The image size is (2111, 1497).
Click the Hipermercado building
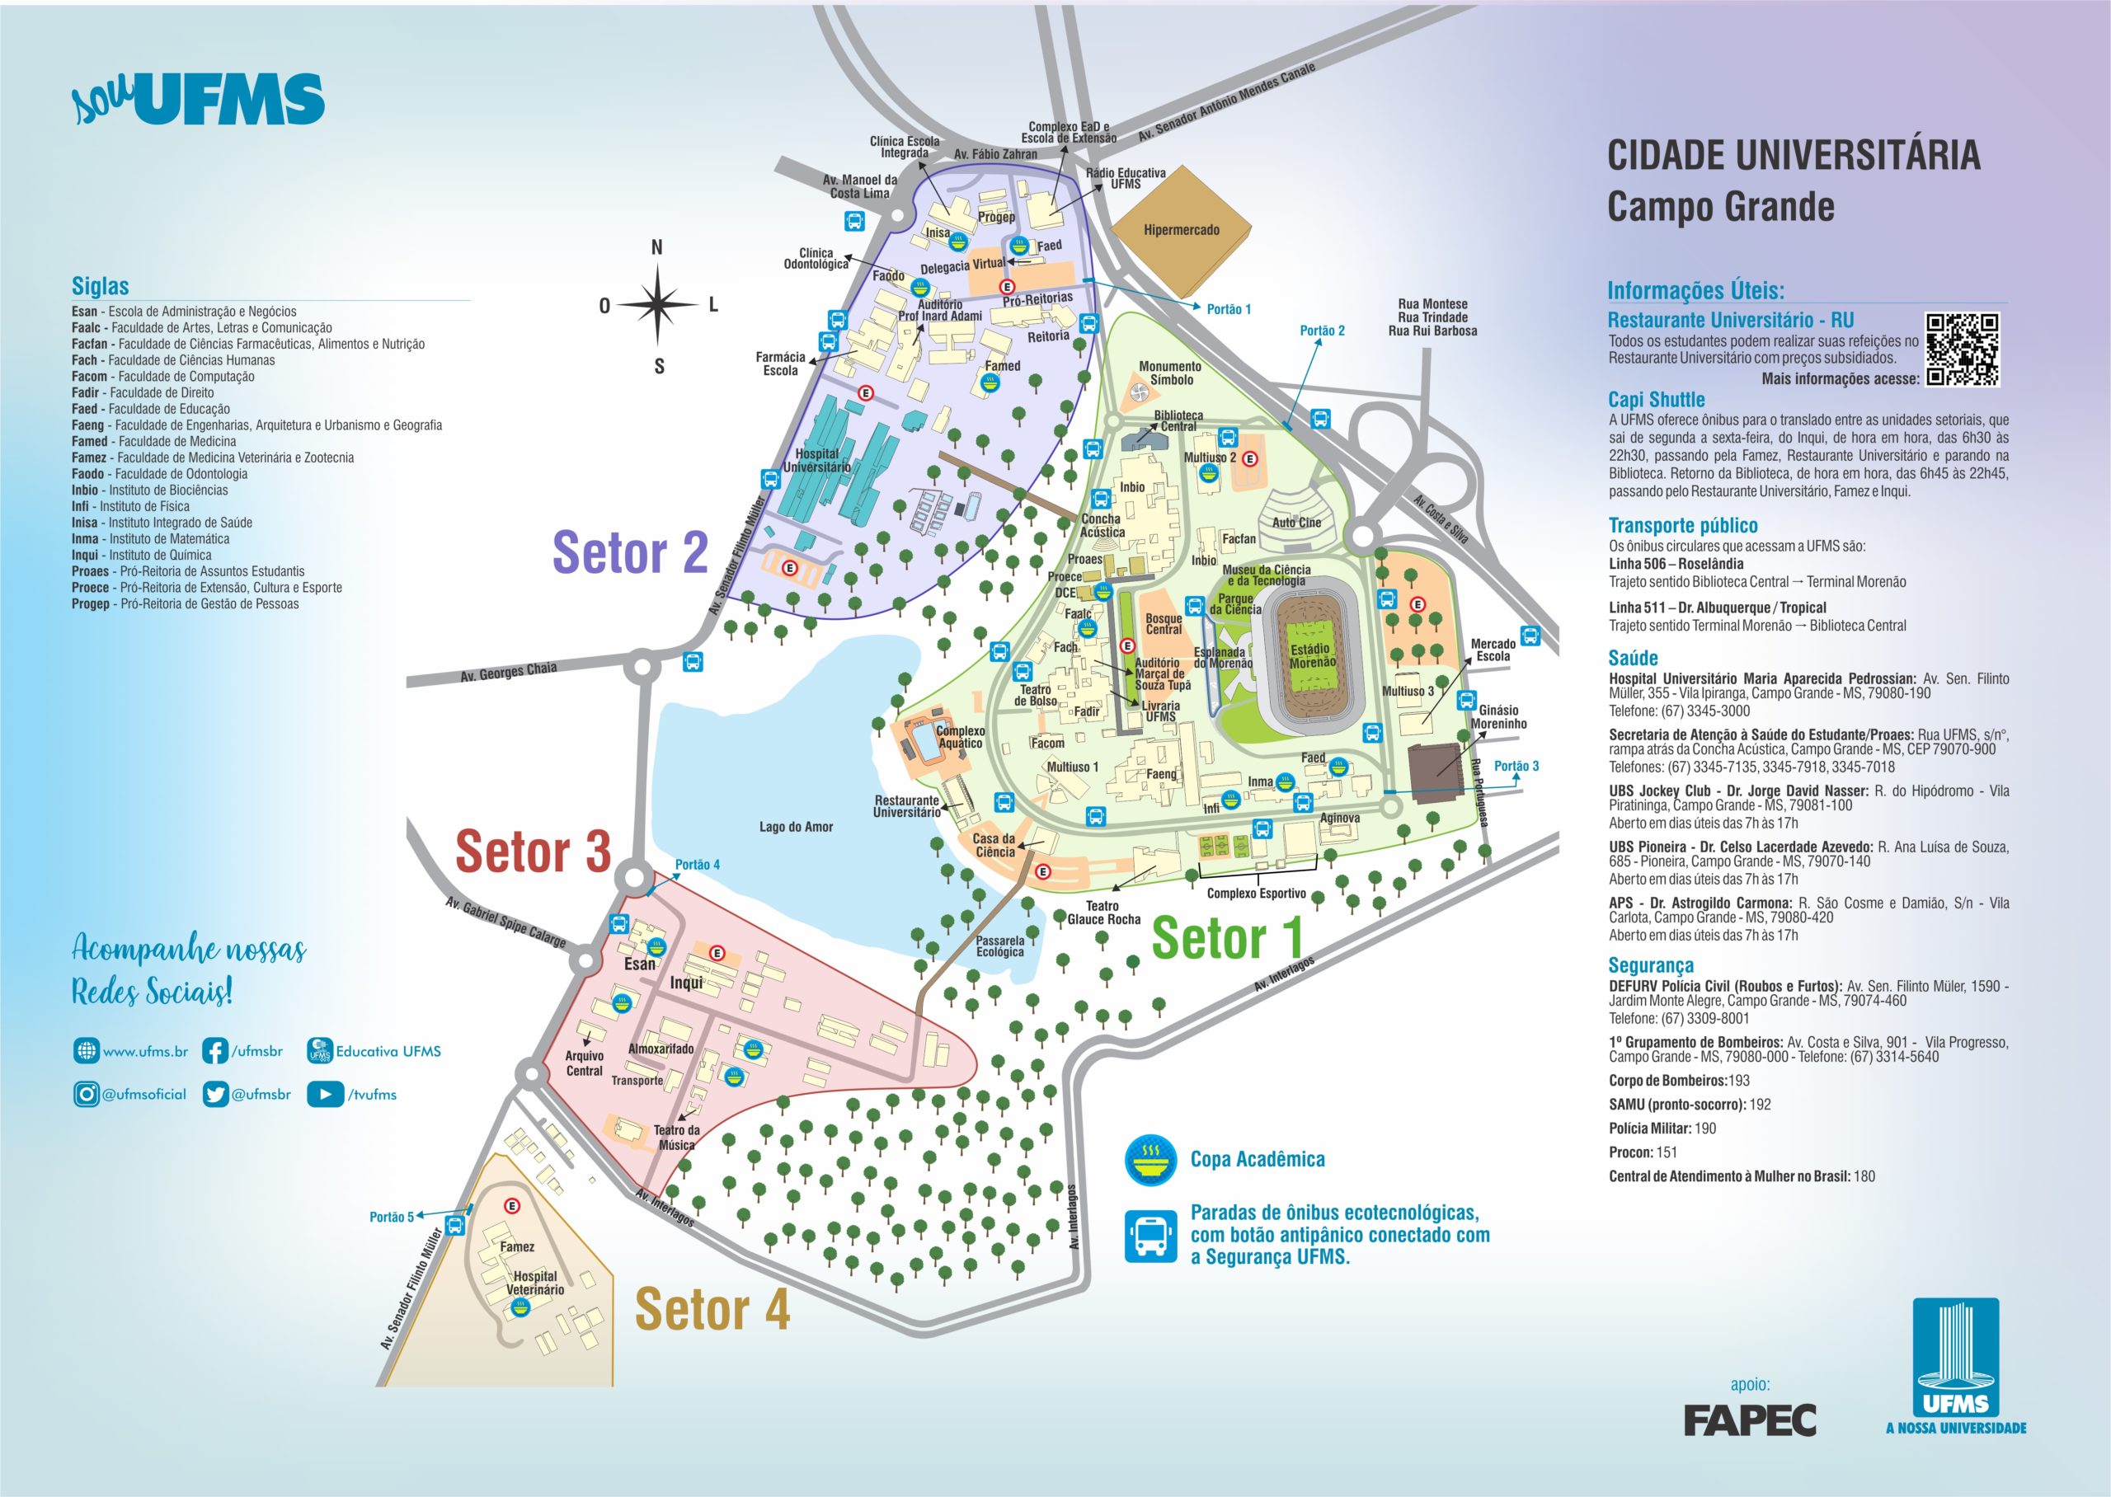click(x=1181, y=229)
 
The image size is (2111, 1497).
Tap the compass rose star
click(x=657, y=305)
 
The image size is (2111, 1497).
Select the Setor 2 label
click(x=630, y=553)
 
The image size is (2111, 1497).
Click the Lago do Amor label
click(x=796, y=827)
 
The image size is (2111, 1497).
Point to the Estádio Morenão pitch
click(x=1312, y=655)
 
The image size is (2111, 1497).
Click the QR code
click(x=1962, y=350)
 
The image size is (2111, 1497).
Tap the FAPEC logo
click(x=1749, y=1420)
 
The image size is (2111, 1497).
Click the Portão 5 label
click(x=392, y=1217)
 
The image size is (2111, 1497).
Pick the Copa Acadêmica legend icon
click(x=1150, y=1160)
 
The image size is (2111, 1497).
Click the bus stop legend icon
click(x=1150, y=1235)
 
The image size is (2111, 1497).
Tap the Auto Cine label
click(x=1296, y=523)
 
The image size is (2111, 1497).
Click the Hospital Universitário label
click(x=816, y=460)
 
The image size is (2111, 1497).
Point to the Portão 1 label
click(x=1228, y=310)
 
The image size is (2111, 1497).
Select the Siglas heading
click(x=101, y=286)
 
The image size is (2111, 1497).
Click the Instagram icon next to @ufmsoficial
click(x=86, y=1094)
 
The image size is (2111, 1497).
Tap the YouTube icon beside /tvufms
click(x=325, y=1094)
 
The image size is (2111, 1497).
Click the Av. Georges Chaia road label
click(x=508, y=672)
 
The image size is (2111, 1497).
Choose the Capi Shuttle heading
click(x=1656, y=399)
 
